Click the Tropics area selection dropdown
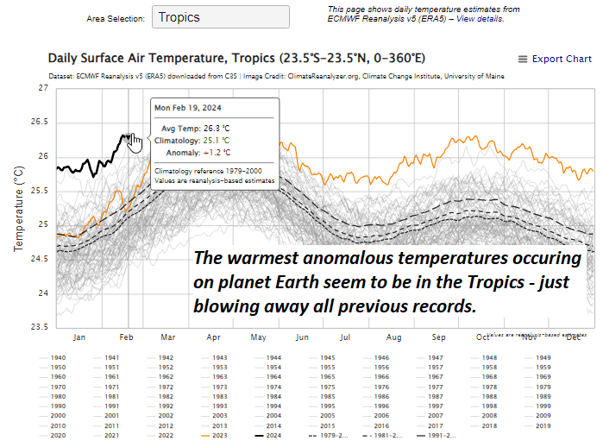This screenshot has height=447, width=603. point(220,17)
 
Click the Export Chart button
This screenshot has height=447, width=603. point(554,59)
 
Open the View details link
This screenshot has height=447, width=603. point(481,18)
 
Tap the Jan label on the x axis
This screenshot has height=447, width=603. point(79,337)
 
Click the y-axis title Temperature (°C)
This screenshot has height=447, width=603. point(18,208)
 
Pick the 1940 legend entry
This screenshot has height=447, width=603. point(57,357)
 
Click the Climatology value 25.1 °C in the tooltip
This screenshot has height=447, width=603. point(216,140)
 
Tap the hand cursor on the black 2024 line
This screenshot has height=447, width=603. point(135,140)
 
